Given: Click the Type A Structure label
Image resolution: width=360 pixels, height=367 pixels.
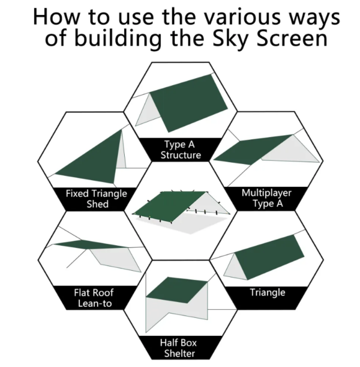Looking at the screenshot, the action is coord(180,150).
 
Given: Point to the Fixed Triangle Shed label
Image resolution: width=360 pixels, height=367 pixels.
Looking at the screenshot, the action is coord(97,199).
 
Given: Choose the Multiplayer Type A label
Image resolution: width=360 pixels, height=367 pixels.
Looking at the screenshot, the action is coord(266,198).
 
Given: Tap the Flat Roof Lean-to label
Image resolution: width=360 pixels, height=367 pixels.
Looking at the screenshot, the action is coord(94,298).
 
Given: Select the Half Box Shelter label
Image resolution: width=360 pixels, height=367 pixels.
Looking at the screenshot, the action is coord(179,348).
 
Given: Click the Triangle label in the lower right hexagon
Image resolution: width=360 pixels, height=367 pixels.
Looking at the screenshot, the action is coord(268,293).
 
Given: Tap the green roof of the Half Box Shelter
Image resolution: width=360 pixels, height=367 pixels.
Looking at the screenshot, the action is coord(176,290).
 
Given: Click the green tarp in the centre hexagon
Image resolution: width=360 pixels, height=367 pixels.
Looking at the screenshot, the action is coord(169,205).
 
